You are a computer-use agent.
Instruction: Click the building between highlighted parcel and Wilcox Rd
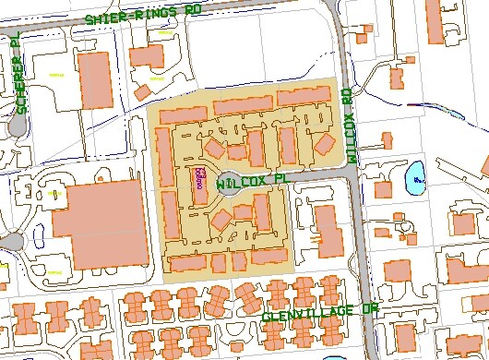tap(326, 230)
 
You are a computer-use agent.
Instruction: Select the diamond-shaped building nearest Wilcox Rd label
tap(325, 144)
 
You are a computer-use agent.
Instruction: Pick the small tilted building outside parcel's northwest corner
tap(144, 90)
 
